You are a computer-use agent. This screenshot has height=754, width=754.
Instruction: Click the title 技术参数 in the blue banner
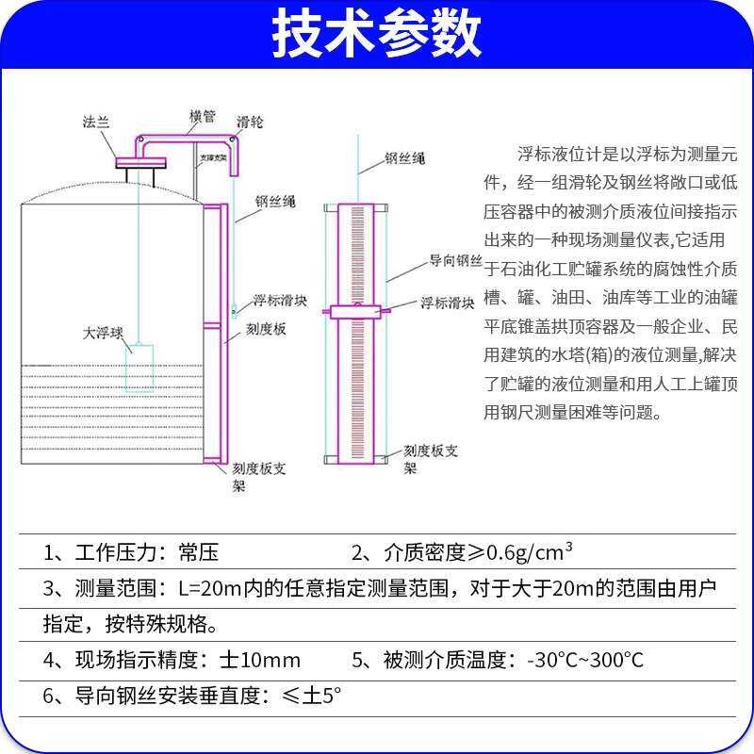click(x=377, y=35)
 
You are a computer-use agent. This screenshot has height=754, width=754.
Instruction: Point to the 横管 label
click(x=202, y=116)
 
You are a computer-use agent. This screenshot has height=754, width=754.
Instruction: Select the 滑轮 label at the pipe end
click(x=250, y=122)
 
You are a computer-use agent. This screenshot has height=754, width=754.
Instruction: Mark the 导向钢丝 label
click(x=456, y=260)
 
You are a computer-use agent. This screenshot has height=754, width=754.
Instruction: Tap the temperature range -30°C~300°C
click(x=585, y=660)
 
